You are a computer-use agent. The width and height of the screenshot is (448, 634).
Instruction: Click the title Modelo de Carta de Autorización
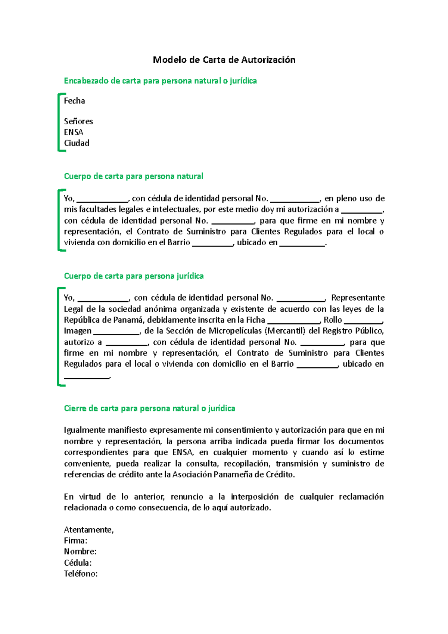point(224,60)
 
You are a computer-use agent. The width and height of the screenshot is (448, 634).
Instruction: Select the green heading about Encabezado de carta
point(160,81)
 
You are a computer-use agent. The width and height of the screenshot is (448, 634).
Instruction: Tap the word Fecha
point(74,101)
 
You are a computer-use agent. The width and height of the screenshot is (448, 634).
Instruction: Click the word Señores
point(78,121)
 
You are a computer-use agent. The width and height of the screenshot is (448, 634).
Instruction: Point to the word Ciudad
point(77,143)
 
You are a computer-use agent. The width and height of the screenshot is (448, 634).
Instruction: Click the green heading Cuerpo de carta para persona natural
point(133,176)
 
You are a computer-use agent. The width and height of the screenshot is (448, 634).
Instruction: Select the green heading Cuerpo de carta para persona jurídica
point(134,276)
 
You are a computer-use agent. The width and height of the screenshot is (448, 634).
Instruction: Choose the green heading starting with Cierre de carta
point(149,408)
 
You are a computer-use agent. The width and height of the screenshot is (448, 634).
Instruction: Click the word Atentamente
point(88,530)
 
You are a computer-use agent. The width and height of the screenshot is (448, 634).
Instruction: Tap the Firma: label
point(75,541)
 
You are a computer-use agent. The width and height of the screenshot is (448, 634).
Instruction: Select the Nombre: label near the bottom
point(80,551)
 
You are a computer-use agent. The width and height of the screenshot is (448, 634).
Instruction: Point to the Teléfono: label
point(81,574)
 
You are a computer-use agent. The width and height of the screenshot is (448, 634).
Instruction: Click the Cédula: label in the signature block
point(78,563)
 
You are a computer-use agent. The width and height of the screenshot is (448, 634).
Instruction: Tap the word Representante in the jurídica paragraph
point(358,298)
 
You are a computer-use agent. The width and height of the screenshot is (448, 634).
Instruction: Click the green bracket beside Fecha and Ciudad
point(59,122)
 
